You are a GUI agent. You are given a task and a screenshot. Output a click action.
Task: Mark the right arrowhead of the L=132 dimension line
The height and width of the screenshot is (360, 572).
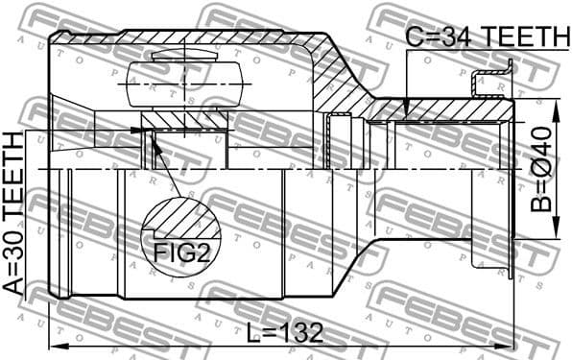510,345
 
